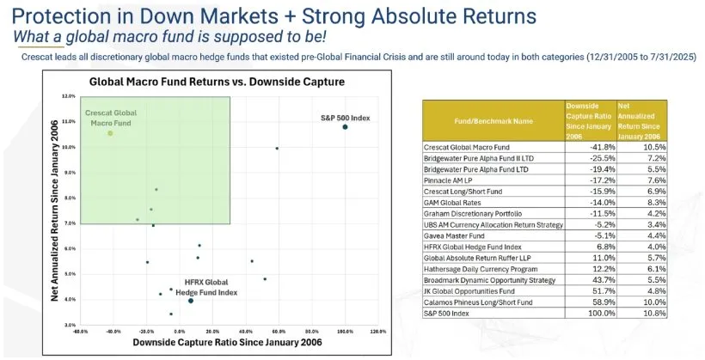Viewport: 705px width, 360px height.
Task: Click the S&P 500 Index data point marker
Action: (x=345, y=127)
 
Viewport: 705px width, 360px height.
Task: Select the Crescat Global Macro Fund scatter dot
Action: (x=110, y=133)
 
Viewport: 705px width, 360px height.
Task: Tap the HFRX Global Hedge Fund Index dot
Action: (x=190, y=301)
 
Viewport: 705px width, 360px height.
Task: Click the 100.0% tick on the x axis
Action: (x=345, y=332)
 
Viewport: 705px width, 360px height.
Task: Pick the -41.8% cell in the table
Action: (x=586, y=147)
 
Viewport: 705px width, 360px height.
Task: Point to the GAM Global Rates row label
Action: (x=451, y=203)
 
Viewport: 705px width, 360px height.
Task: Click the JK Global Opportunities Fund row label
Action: (x=470, y=292)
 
